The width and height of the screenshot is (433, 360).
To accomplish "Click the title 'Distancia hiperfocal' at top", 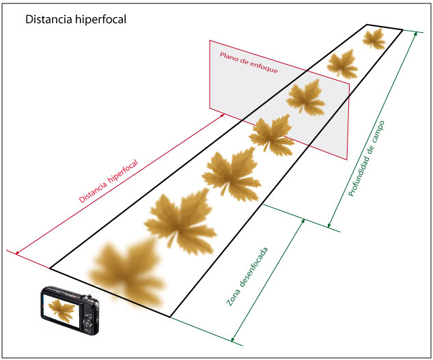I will coord(75,20).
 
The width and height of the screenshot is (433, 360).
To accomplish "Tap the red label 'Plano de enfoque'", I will coord(248,62).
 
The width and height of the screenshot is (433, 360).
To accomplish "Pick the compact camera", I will coord(70,311).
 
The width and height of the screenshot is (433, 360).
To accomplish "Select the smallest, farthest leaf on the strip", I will coord(374,39).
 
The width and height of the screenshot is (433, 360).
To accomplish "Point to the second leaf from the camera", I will coord(180,219).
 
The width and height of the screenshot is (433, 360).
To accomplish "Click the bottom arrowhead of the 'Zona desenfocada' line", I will coord(234,340).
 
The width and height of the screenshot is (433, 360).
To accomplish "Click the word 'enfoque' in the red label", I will coord(264,67).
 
